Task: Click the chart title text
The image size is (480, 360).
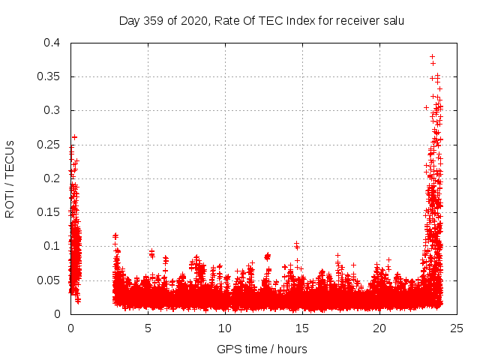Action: point(262,20)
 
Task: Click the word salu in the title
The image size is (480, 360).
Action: point(392,20)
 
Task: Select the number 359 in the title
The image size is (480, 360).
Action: point(154,20)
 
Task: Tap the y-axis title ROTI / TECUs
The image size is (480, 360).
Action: point(10,178)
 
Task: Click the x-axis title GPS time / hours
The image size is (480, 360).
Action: point(262,349)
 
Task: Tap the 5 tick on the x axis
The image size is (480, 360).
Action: point(148,328)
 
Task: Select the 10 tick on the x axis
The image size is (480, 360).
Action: point(225,328)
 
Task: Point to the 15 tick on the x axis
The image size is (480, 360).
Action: point(302,328)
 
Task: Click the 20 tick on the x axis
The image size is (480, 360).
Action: point(379,328)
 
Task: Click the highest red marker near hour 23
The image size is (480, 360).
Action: point(432,56)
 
